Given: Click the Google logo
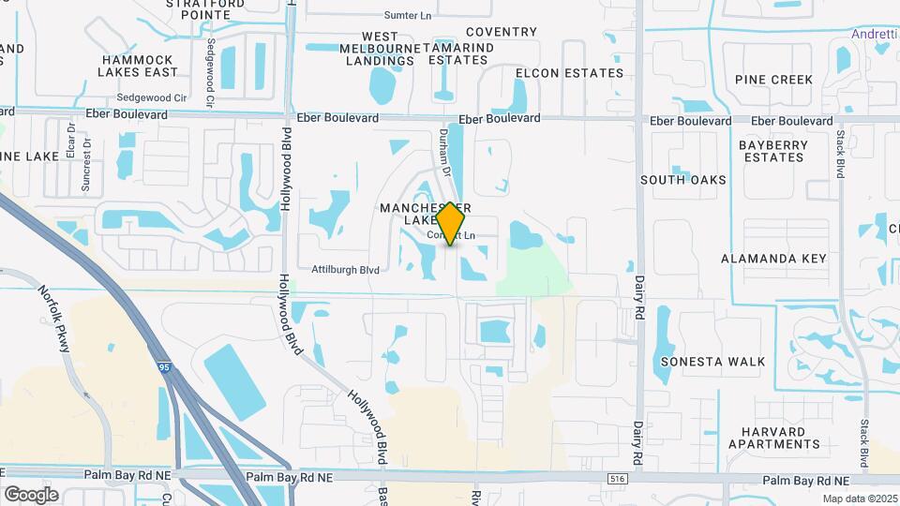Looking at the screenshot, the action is [31, 494].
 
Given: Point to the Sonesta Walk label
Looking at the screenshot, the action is [712, 362].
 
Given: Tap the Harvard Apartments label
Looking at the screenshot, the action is [765, 438].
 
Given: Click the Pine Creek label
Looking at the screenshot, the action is [774, 80].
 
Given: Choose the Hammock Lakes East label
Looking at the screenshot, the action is [140, 66].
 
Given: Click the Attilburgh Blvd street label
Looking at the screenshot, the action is [345, 270].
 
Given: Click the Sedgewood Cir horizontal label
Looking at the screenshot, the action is [152, 97].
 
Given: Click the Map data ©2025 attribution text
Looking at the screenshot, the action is [859, 499].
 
